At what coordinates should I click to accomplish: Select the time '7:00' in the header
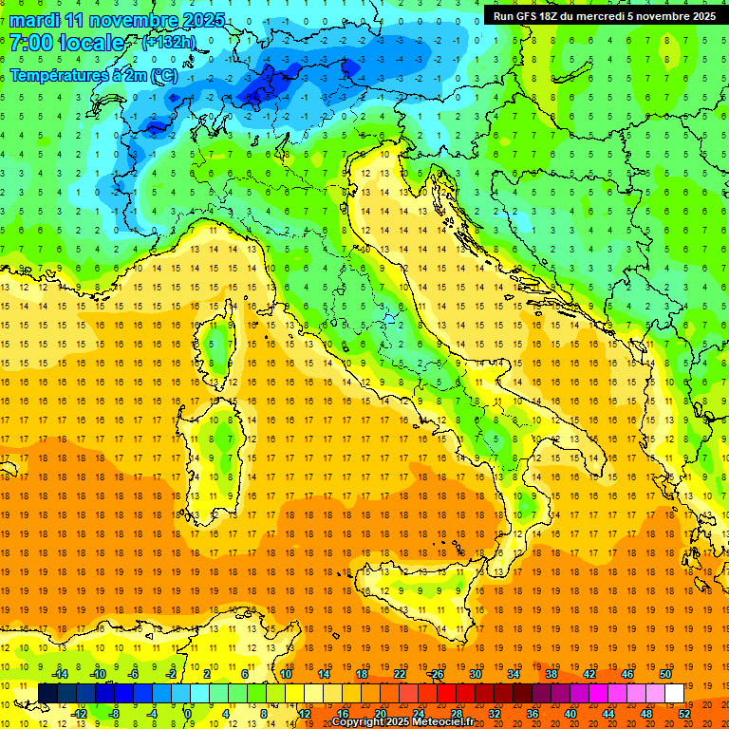(31, 43)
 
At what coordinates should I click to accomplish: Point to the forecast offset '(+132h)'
(169, 43)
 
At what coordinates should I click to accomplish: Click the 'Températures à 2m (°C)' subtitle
(93, 74)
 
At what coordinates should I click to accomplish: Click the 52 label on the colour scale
(684, 714)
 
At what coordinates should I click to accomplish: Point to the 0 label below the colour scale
(189, 714)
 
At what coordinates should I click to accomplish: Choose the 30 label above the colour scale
(475, 673)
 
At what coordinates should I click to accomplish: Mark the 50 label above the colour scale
(664, 673)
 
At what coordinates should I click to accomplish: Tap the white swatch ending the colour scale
(674, 693)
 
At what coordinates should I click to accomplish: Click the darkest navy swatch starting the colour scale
(47, 693)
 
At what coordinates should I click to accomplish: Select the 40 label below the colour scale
(570, 714)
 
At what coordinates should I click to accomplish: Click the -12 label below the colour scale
(81, 714)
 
